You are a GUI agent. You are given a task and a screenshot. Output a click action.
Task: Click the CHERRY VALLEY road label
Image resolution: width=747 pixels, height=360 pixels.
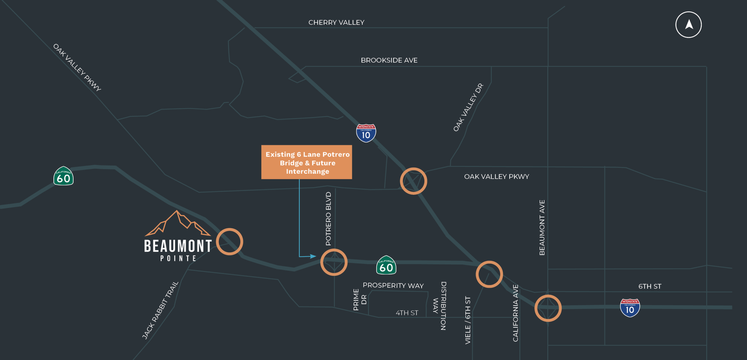336,22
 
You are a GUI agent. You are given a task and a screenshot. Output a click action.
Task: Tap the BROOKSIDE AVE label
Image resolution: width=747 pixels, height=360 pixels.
389,60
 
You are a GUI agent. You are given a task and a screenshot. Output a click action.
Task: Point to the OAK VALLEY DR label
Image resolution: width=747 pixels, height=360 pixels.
468,107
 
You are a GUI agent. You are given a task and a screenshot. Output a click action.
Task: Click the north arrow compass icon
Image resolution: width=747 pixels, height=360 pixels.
689,25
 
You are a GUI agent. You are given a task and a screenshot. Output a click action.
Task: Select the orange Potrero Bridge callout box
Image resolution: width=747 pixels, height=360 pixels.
307,162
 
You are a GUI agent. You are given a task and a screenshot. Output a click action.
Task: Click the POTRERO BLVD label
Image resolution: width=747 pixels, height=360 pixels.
328,219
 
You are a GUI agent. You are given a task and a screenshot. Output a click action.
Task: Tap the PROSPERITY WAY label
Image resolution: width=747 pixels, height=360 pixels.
393,285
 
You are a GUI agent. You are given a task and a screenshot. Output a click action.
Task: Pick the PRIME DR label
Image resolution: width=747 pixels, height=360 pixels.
359,299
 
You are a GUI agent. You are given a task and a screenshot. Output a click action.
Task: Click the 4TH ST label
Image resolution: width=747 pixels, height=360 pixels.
407,313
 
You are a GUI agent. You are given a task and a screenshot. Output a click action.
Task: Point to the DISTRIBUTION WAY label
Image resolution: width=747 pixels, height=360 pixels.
439,306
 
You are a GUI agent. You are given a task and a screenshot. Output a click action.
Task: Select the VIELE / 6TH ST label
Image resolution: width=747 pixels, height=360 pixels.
468,320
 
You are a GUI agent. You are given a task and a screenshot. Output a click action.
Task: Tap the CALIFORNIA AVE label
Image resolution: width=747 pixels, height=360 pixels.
515,313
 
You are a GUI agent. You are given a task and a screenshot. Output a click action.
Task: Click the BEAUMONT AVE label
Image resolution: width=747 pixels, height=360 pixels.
542,227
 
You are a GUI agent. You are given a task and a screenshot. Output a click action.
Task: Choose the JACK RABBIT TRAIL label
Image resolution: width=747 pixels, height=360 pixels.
160,310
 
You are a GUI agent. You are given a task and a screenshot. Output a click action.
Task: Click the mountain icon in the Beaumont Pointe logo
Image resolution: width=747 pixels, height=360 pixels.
177,224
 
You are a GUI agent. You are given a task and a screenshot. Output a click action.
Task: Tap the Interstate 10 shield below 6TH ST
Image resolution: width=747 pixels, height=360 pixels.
630,308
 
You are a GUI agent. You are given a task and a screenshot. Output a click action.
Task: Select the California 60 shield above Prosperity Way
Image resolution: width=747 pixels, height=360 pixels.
386,265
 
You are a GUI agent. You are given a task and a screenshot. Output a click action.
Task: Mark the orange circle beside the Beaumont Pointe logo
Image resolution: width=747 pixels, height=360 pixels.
229,241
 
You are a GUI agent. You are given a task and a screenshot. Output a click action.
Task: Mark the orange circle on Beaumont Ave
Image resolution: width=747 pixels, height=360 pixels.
548,308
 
